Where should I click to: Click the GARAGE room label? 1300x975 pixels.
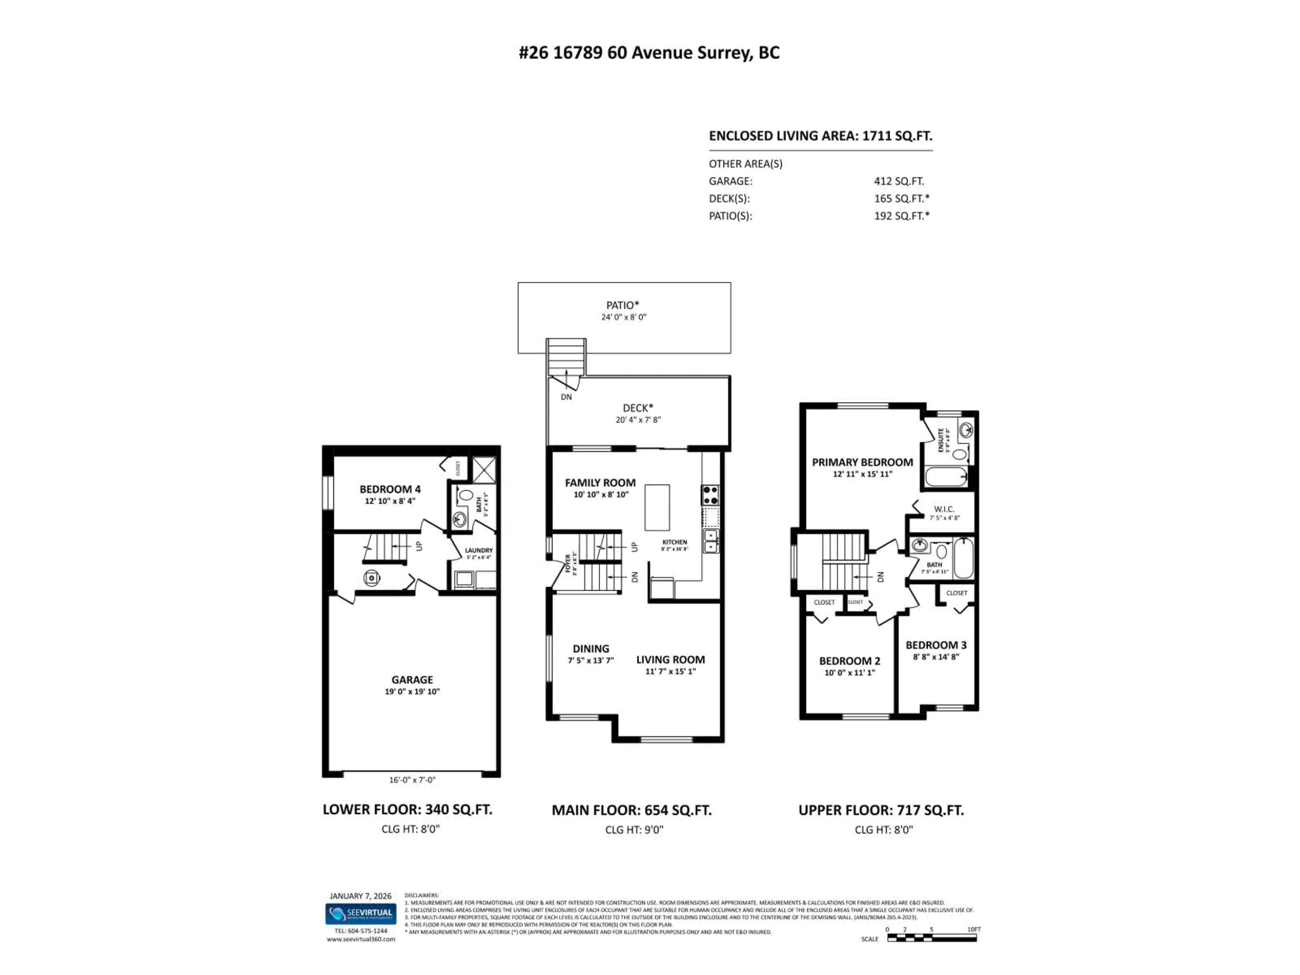[x=412, y=679]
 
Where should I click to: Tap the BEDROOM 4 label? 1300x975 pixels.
[x=390, y=489]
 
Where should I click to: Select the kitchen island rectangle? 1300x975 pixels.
[x=657, y=508]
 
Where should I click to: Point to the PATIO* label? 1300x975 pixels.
[x=622, y=305]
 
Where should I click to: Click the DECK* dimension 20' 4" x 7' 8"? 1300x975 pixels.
[x=638, y=419]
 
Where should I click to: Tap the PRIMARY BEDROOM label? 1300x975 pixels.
[x=862, y=462]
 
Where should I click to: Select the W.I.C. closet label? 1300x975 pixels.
[x=944, y=509]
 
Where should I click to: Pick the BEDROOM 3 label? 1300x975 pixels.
[x=936, y=645]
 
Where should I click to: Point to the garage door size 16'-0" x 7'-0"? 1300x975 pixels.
[x=412, y=780]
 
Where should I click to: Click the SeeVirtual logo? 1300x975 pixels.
[x=361, y=913]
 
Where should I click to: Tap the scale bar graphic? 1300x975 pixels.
[x=932, y=938]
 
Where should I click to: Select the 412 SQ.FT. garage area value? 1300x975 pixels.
[x=898, y=181]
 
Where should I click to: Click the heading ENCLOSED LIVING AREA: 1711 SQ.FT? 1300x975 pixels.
[x=820, y=136]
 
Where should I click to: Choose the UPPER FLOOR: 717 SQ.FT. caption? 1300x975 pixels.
[x=881, y=810]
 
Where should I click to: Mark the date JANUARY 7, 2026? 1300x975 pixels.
[x=360, y=896]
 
